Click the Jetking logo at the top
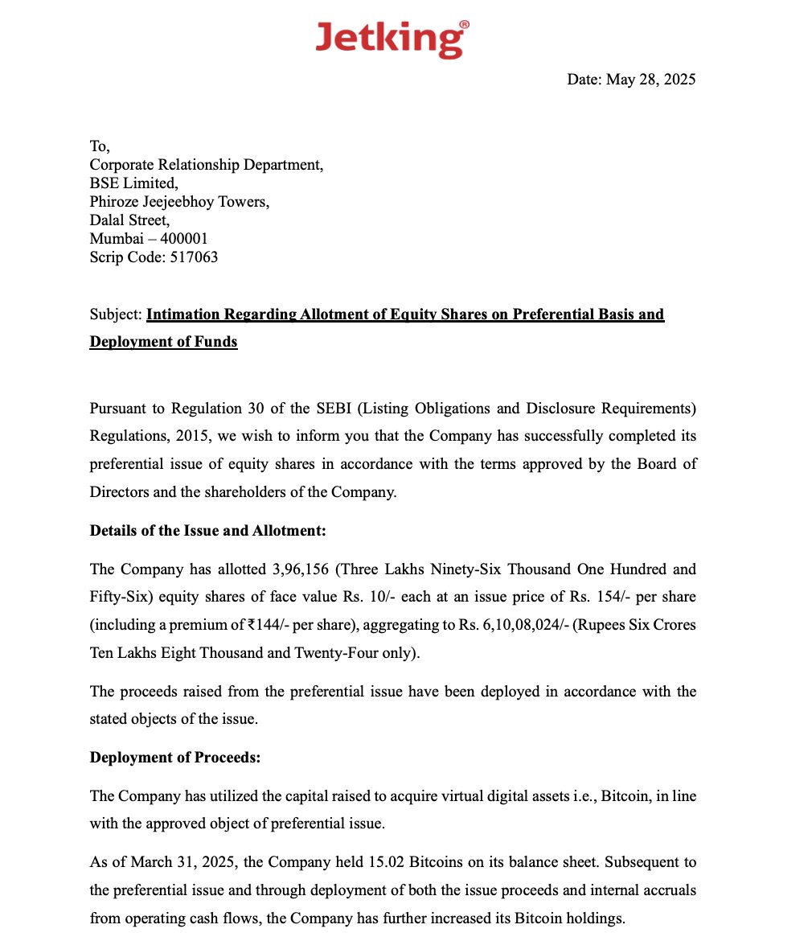(392, 38)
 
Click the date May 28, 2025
(650, 79)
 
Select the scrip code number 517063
(194, 257)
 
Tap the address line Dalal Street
(129, 220)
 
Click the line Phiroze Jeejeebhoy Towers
(179, 202)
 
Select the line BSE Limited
(133, 183)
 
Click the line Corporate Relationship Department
(206, 165)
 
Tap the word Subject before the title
(115, 314)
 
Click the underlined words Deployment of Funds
(163, 342)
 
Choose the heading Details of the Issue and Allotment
(207, 531)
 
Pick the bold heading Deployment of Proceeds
(174, 758)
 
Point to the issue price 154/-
(609, 598)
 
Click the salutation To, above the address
(99, 146)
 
